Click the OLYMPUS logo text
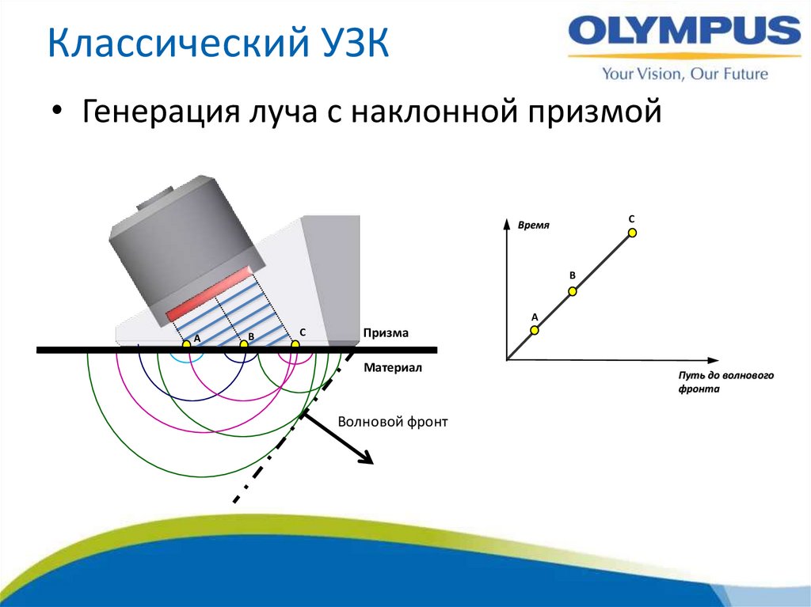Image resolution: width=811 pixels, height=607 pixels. coord(684,34)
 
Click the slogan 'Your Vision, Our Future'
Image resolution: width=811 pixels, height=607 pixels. coord(684,74)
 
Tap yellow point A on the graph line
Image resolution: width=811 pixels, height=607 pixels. coord(535,330)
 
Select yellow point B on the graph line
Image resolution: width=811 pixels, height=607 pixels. coord(573,291)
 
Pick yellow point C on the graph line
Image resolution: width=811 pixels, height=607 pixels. coord(632,232)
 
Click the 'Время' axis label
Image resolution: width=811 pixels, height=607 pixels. coord(533,226)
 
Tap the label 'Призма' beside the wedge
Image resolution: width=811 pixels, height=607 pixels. coord(386,333)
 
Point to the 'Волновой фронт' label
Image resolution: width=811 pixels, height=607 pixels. coord(392,422)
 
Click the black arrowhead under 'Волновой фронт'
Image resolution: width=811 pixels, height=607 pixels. coord(365,457)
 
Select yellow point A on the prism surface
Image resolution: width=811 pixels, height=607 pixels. coord(186,345)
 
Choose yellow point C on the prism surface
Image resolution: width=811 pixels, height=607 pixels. coord(295,345)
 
